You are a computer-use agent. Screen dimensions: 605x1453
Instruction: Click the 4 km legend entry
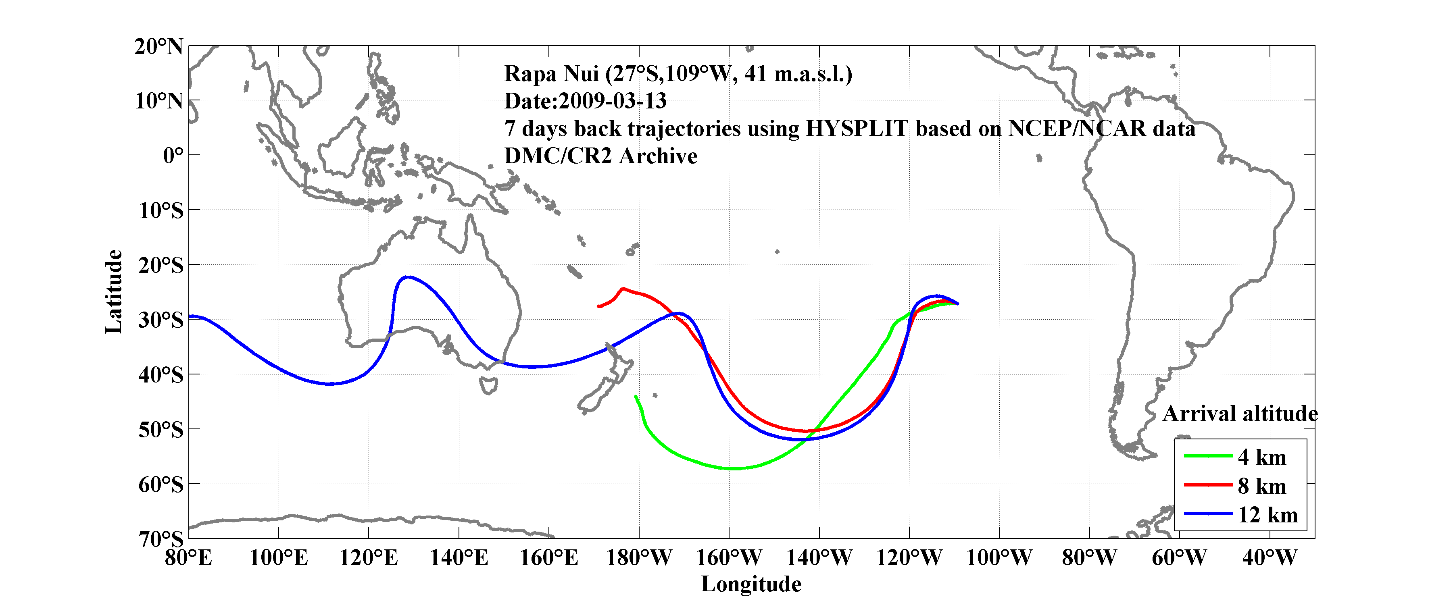[1262, 457]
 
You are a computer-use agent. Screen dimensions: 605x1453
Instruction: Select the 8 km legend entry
[1262, 486]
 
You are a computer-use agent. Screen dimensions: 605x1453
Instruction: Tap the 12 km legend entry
[1267, 515]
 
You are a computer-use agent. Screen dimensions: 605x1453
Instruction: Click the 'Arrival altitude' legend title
[1240, 414]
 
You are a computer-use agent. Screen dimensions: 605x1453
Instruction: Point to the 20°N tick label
[158, 46]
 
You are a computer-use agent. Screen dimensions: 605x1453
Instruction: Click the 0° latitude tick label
[173, 155]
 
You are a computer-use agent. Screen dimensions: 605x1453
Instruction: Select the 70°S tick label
[161, 538]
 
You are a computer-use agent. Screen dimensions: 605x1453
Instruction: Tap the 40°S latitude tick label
[161, 374]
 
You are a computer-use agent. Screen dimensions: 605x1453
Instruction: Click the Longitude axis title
[751, 584]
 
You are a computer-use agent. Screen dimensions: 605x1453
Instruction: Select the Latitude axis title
[113, 291]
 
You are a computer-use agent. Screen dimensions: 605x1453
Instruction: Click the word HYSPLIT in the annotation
[856, 129]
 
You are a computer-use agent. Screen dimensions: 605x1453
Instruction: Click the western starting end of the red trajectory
[598, 306]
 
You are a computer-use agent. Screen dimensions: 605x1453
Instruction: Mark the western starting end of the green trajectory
[636, 396]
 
